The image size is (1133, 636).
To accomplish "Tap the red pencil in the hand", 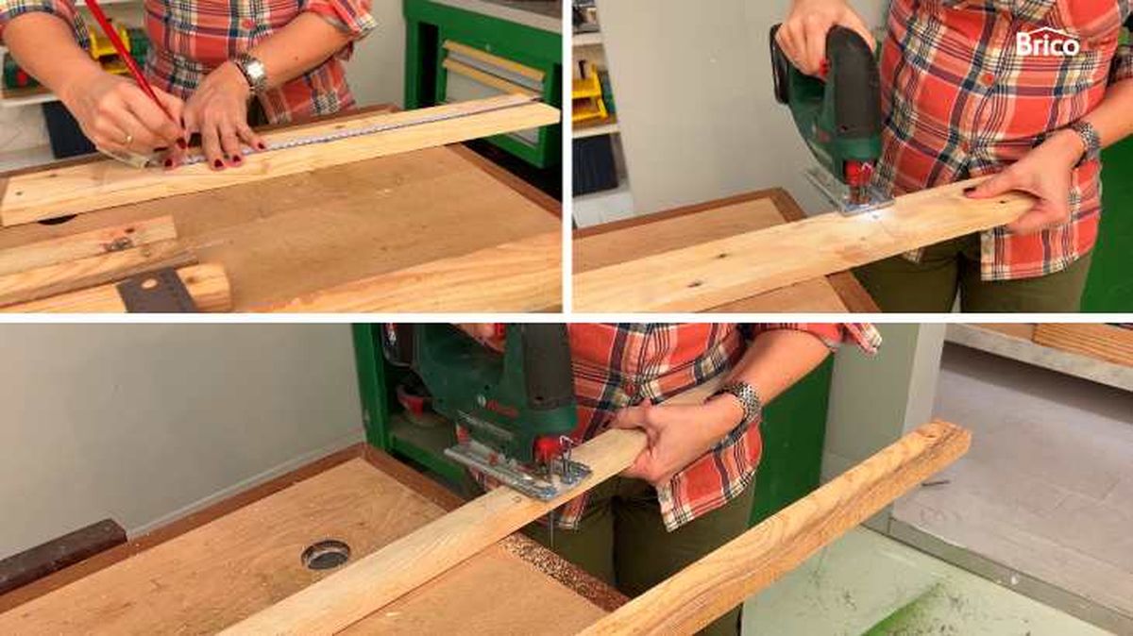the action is tap(133, 65).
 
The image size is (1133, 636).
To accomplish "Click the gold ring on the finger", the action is tap(128, 139).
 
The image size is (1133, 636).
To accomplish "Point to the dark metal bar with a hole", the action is tap(158, 291).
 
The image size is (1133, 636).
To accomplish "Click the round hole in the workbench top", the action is tap(325, 554).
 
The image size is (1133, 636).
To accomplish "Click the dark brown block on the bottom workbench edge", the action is tap(59, 554).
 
